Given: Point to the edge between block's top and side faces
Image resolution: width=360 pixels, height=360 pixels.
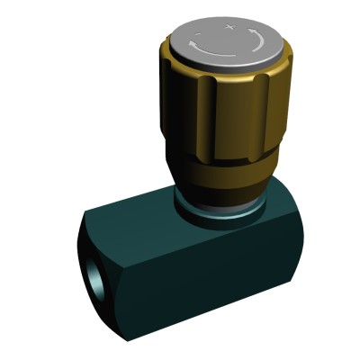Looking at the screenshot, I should pyautogui.click(x=207, y=236).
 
